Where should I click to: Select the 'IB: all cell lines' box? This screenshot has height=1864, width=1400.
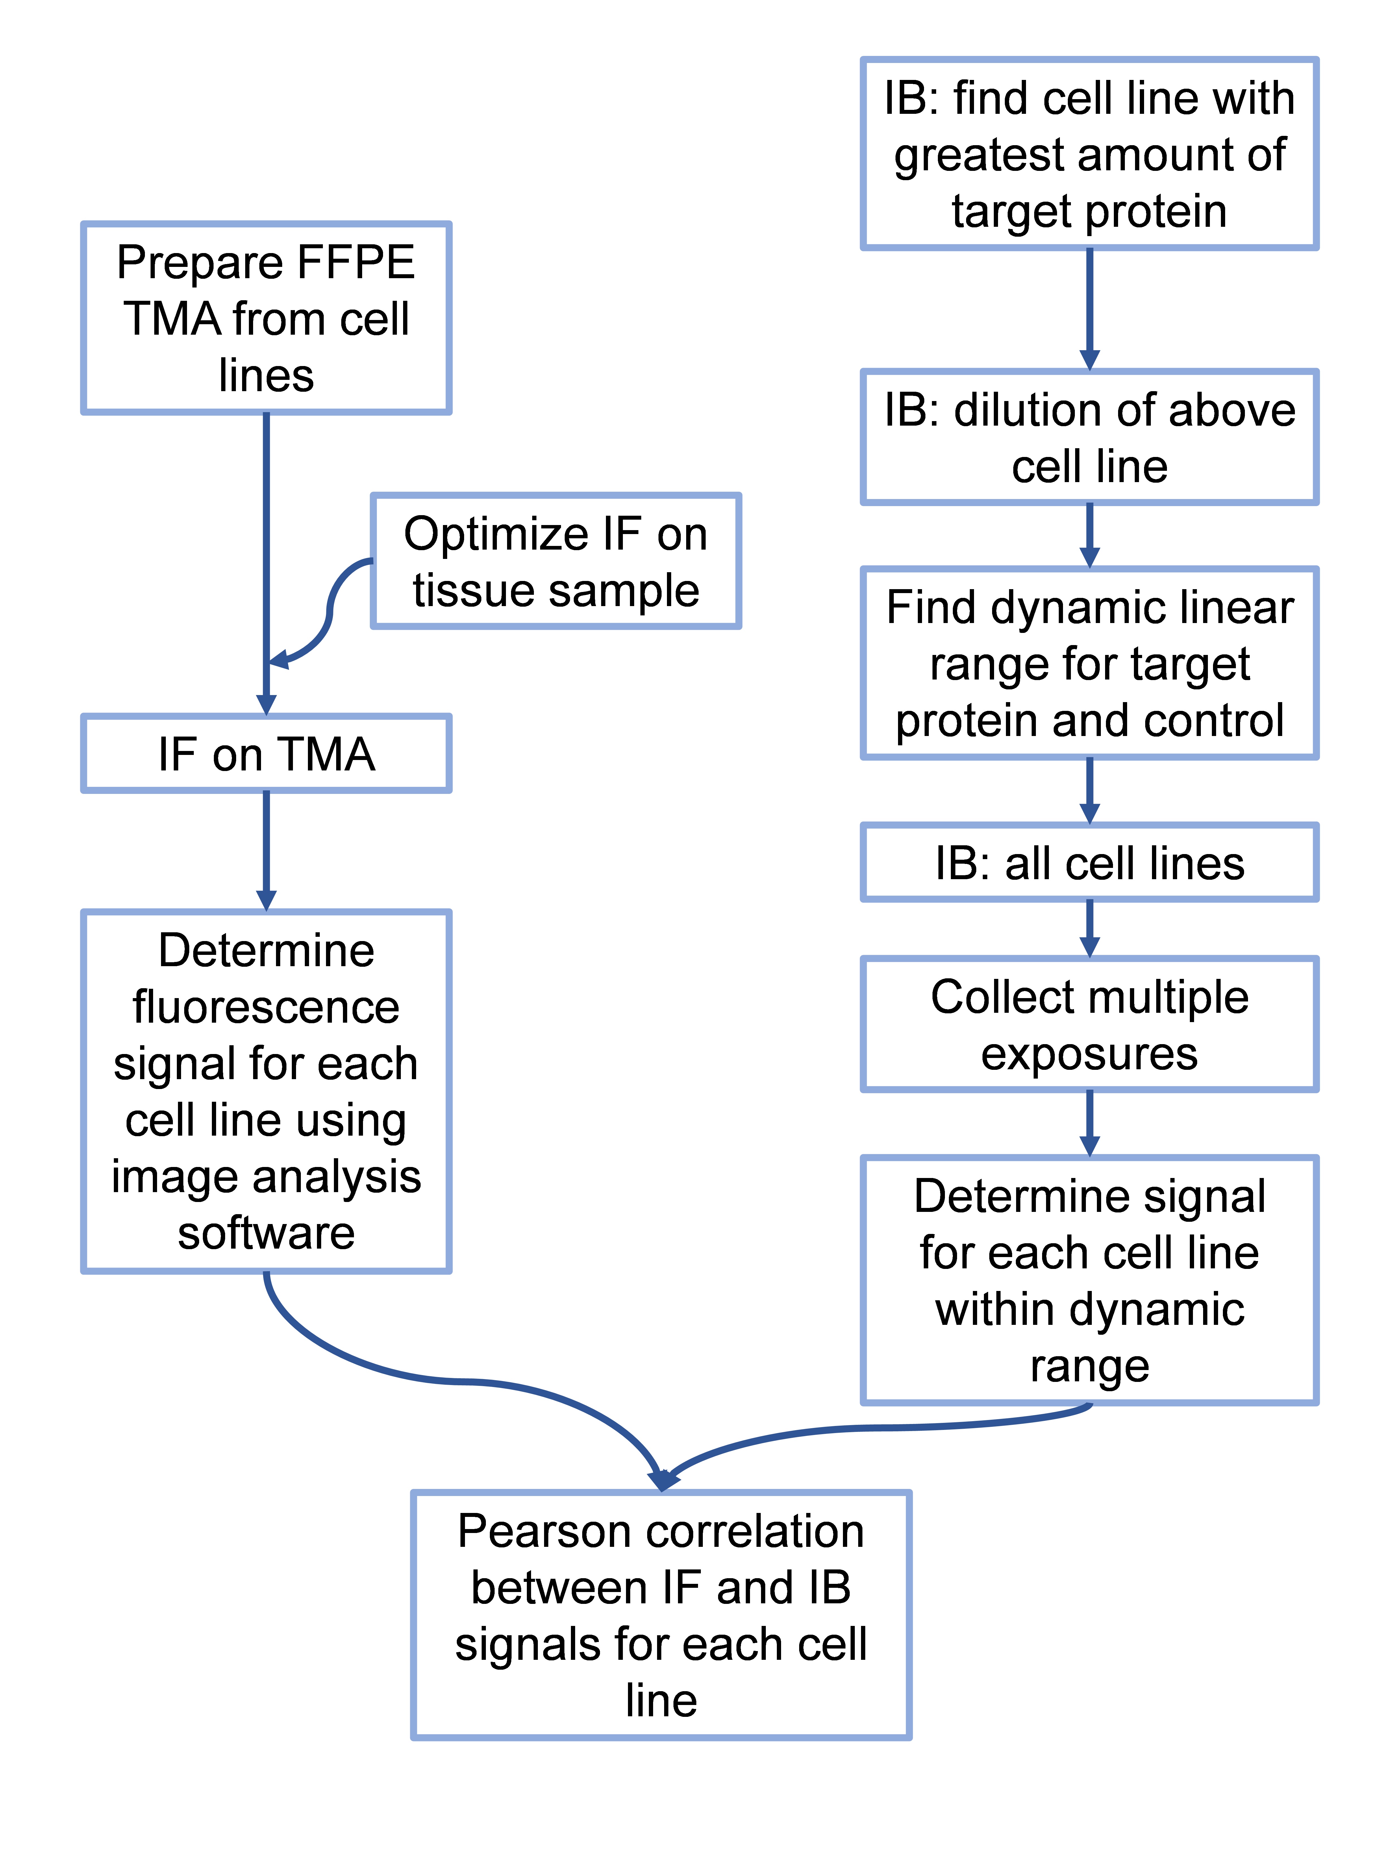pyautogui.click(x=1089, y=863)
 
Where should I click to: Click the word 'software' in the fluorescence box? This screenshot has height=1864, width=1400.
pyautogui.click(x=266, y=1233)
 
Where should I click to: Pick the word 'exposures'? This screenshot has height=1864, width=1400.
pyautogui.click(x=1089, y=1053)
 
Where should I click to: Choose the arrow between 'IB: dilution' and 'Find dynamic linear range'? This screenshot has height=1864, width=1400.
pyautogui.click(x=1089, y=535)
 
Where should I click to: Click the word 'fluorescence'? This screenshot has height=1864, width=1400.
pyautogui.click(x=266, y=1007)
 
